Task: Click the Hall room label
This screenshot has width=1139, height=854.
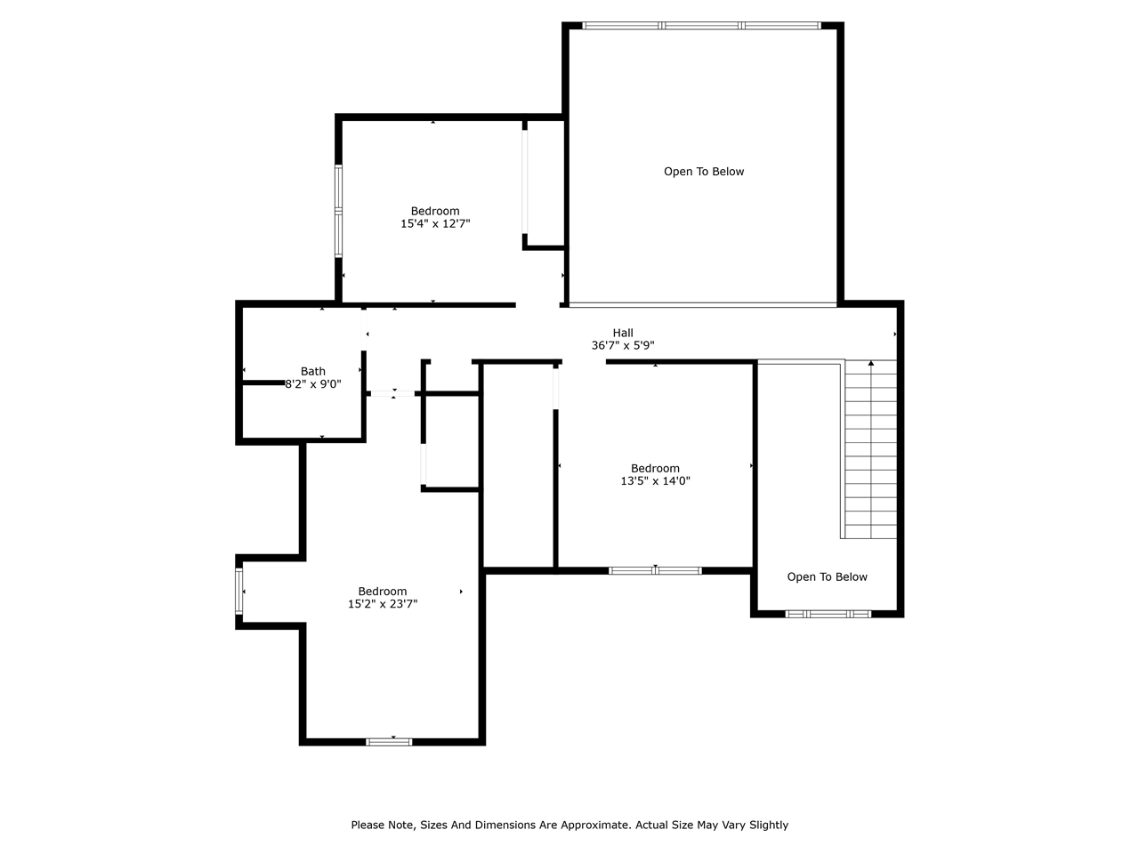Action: [x=623, y=333]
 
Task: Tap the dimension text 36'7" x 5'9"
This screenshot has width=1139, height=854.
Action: [x=623, y=345]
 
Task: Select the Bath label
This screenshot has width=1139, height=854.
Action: [x=313, y=371]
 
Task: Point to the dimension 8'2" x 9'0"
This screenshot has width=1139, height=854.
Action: [x=313, y=384]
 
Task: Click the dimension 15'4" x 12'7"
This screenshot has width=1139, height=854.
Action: [x=435, y=224]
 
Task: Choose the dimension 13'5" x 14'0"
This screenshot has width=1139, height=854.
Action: [x=655, y=481]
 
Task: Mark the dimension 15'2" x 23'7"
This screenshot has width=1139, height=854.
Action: [x=383, y=604]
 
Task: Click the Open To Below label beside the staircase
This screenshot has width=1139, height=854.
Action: [x=827, y=576]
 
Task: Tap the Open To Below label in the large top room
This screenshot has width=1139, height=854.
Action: [x=704, y=172]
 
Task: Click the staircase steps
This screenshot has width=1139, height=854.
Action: [x=870, y=454]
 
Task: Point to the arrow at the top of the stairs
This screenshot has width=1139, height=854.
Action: [x=870, y=364]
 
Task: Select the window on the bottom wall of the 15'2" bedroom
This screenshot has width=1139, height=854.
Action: [x=389, y=741]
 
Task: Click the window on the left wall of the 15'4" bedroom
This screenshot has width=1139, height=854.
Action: [x=338, y=211]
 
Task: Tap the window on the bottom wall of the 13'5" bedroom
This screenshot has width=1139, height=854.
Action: [x=655, y=570]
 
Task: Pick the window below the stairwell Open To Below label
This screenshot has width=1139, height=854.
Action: [x=828, y=614]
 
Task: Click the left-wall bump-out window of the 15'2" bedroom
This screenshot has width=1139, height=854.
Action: [x=238, y=592]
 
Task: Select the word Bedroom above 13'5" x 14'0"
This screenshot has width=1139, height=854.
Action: [x=655, y=468]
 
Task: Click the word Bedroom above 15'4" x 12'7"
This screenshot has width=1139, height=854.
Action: [x=435, y=211]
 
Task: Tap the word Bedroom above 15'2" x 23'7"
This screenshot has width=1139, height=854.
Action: [x=383, y=592]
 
